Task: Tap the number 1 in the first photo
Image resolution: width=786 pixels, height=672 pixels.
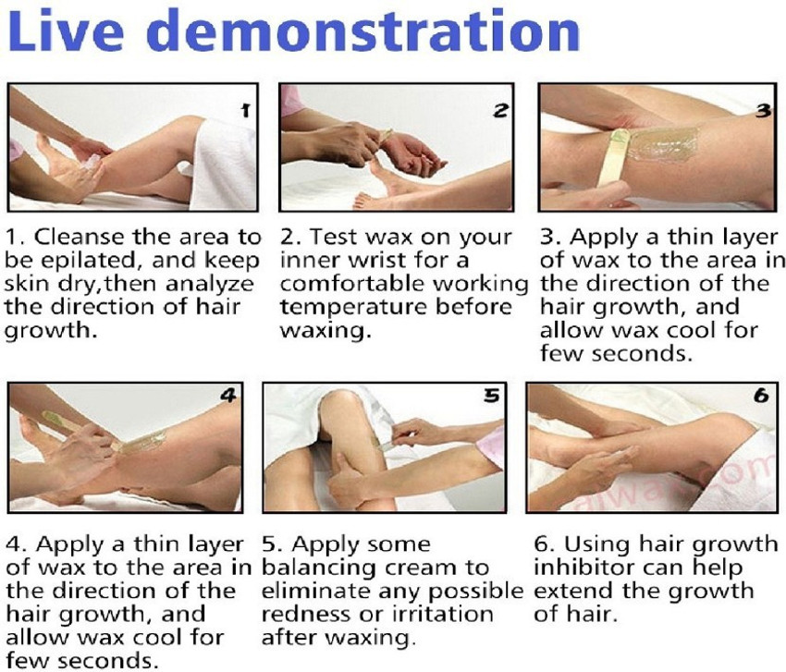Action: pyautogui.click(x=245, y=110)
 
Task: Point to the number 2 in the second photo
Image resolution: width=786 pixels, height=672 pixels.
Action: pyautogui.click(x=499, y=110)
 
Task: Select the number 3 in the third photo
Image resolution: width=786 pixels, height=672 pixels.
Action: pyautogui.click(x=763, y=110)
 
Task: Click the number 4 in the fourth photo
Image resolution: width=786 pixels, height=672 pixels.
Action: pyautogui.click(x=228, y=396)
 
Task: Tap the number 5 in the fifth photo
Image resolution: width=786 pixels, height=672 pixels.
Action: pyautogui.click(x=492, y=396)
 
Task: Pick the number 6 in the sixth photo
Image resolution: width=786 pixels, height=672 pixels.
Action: pyautogui.click(x=761, y=396)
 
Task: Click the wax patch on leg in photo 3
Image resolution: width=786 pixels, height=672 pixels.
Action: pyautogui.click(x=662, y=144)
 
